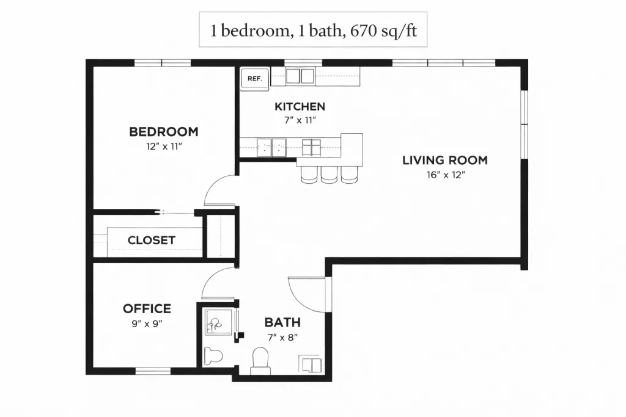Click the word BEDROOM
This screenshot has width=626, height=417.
[x=164, y=131]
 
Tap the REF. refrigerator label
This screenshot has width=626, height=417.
[x=255, y=79]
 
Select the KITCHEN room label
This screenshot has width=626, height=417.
[x=300, y=106]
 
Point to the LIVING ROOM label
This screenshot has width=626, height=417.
[x=445, y=160]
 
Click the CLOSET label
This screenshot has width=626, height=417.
[x=152, y=240]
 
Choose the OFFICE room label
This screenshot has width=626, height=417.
[x=147, y=308]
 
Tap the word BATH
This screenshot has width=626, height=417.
[x=282, y=322]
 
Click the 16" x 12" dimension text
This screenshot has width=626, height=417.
[x=446, y=175]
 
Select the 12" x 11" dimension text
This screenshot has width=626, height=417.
[x=164, y=147]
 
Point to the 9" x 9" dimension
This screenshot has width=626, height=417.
[x=147, y=324]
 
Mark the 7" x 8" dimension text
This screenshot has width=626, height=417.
[x=282, y=337]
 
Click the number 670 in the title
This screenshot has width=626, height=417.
[x=363, y=31]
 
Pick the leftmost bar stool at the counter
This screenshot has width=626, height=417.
[x=309, y=175]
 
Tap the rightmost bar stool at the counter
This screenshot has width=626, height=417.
[x=349, y=175]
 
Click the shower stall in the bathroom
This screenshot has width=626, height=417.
[x=218, y=322]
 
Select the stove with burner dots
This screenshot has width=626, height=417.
[x=271, y=148]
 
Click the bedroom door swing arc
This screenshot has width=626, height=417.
[x=216, y=184]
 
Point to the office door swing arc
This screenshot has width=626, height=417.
[x=213, y=278]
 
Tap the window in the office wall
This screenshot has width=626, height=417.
[x=153, y=371]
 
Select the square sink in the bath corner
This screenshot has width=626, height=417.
[x=310, y=364]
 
